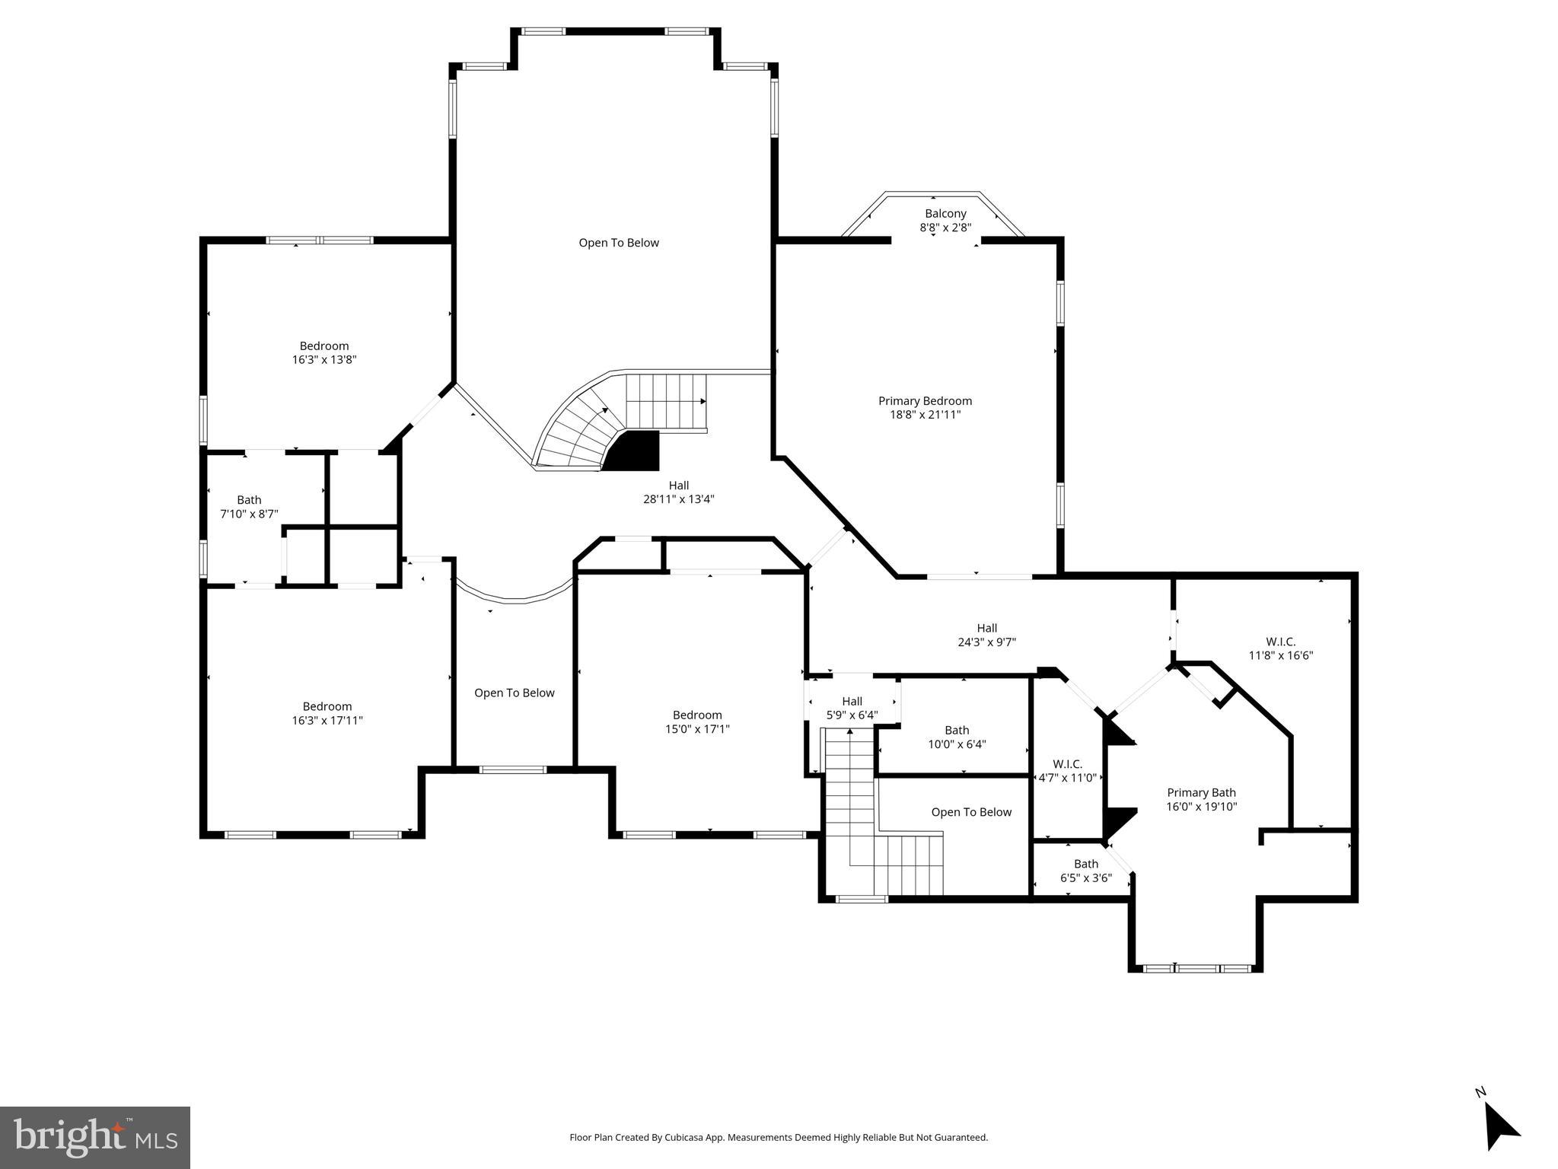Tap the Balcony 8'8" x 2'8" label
click(x=945, y=221)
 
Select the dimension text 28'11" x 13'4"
click(x=678, y=499)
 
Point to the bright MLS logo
click(x=95, y=1137)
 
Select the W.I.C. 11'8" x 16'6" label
click(x=1280, y=648)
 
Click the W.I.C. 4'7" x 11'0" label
click(x=1067, y=771)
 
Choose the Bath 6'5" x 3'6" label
click(x=1085, y=871)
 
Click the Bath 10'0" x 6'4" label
click(x=957, y=737)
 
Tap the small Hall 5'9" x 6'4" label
click(x=852, y=709)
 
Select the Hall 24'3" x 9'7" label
click(x=986, y=635)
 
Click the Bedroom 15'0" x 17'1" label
click(x=697, y=721)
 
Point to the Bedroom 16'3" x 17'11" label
click(x=327, y=713)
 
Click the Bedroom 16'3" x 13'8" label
click(x=324, y=352)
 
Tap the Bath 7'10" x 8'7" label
click(x=249, y=507)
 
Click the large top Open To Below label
click(x=618, y=243)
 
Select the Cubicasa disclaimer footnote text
click(x=779, y=1138)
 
